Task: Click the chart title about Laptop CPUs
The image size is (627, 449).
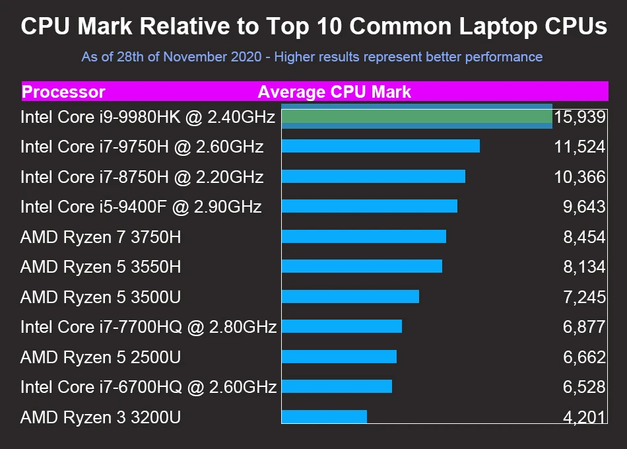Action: (313, 26)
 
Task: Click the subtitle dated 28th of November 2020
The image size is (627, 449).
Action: (312, 57)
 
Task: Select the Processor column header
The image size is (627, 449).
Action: (63, 92)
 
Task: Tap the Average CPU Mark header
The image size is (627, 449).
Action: (334, 92)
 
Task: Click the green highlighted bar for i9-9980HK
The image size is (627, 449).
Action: (416, 117)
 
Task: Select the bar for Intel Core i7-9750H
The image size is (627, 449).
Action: (380, 146)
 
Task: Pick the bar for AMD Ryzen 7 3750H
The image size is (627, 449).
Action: (364, 236)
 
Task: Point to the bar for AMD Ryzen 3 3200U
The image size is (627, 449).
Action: (324, 417)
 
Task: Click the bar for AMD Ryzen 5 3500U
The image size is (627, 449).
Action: (350, 296)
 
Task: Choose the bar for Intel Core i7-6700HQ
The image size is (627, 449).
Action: (337, 386)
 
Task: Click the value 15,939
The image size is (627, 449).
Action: (579, 117)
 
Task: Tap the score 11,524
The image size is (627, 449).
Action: (579, 147)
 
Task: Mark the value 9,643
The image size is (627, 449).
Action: (583, 207)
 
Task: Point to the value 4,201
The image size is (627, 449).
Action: (583, 417)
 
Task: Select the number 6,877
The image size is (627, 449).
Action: (583, 327)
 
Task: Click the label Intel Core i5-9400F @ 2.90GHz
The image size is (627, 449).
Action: (141, 207)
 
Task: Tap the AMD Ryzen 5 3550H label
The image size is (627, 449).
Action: (100, 267)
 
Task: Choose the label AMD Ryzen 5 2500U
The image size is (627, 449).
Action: (100, 357)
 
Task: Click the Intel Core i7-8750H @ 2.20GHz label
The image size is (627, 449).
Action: (142, 177)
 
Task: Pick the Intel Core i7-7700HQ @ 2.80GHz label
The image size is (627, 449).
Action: (148, 327)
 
